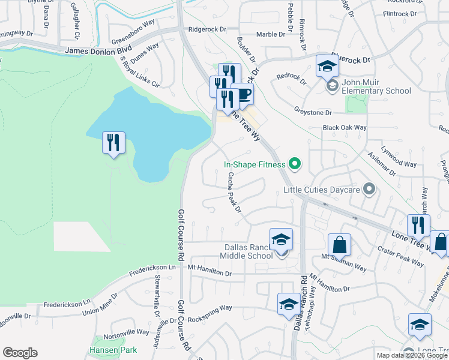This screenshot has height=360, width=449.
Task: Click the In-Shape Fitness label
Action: point(255,163)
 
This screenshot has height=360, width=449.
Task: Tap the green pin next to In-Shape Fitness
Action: point(294,163)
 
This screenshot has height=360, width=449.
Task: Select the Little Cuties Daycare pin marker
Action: point(369,190)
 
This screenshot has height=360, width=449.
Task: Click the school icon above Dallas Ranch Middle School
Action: point(281,240)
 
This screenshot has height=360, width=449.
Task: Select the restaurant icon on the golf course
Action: point(113,143)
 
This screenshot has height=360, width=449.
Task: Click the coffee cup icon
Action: point(242,94)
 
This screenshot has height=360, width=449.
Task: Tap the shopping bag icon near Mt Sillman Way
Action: point(339,245)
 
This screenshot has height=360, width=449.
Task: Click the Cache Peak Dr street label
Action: point(234,193)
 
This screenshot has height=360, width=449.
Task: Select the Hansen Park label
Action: point(113,350)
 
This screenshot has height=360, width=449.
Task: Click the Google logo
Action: point(20,353)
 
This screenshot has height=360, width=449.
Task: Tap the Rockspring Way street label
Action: point(209,308)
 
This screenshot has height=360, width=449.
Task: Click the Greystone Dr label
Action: point(312,112)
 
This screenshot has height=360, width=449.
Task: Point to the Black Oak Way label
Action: point(344,128)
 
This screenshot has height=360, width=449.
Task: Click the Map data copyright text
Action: point(411,355)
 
